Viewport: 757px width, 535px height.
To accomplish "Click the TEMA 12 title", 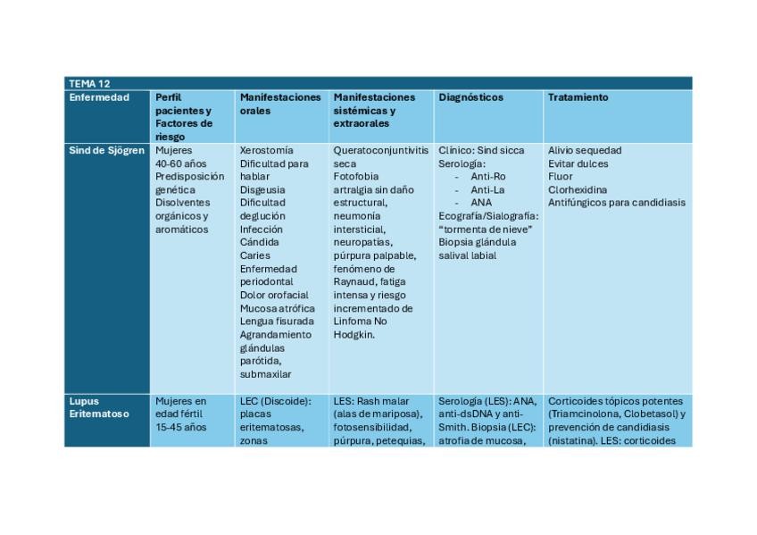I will coord(89,83).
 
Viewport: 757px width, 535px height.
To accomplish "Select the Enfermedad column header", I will coord(99,97).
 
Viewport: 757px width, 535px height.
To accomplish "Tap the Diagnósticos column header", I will coord(470,97).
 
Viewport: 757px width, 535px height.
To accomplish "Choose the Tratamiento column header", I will coord(578,97).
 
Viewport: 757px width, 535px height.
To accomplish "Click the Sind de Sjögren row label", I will coord(106,150).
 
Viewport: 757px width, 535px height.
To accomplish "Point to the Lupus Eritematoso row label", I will coord(99,407).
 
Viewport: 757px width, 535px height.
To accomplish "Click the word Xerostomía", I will coord(266,150).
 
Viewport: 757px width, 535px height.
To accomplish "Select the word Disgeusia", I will coord(263,189).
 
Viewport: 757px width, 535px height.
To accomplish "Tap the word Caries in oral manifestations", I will coord(254,255).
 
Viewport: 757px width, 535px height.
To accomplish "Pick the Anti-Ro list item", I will coord(487,177).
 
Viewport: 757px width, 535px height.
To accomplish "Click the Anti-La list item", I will coord(487,189).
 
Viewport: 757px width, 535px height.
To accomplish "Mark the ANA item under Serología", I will coord(480,203).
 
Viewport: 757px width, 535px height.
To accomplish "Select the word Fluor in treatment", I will coord(560,177).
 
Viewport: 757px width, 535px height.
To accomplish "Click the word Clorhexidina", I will coord(578,189).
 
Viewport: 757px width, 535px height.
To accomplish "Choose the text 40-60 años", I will coord(180,163).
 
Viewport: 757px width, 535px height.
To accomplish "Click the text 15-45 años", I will coord(180,427).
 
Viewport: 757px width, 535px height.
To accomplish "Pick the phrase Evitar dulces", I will coord(578,163).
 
